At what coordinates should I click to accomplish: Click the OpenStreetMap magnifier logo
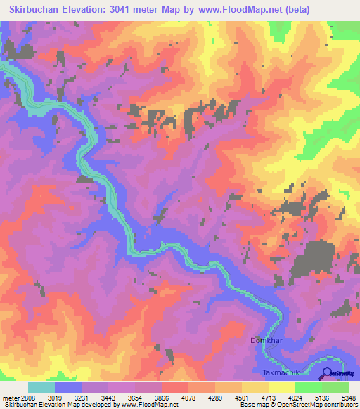pyautogui.click(x=326, y=373)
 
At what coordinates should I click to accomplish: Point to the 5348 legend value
pyautogui.click(x=347, y=397)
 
